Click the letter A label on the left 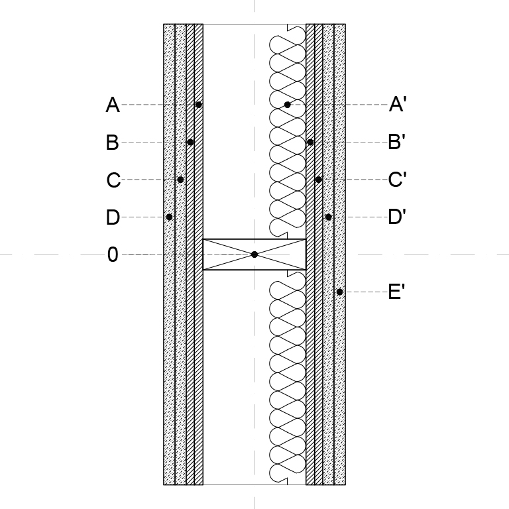click(113, 105)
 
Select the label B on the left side click(112, 142)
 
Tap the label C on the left click(113, 180)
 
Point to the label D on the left click(113, 217)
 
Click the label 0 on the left click(113, 254)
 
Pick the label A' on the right click(398, 104)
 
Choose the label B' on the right click(397, 142)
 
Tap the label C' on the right click(398, 179)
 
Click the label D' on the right click(397, 217)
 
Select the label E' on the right click(396, 292)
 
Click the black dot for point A click(199, 105)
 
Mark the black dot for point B click(191, 142)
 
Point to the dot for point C click(180, 180)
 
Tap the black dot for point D click(169, 217)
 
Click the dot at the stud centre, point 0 click(254, 254)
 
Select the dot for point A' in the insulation click(287, 105)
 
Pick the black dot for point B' click(310, 142)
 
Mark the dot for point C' click(318, 180)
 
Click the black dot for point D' click(329, 217)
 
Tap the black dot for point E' click(339, 292)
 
